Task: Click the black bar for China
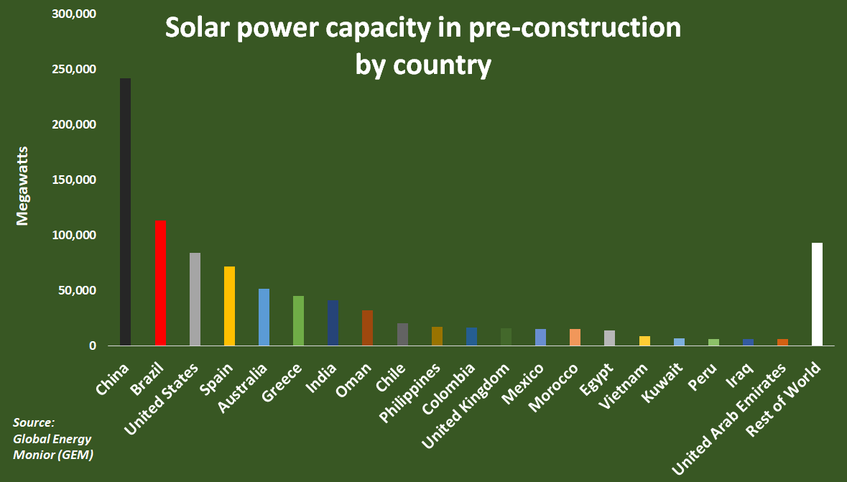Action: (125, 212)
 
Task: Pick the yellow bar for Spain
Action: (229, 306)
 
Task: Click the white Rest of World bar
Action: (817, 294)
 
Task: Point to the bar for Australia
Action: (264, 317)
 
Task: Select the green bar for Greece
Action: (298, 320)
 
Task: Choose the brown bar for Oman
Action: (367, 328)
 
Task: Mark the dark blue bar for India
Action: (333, 323)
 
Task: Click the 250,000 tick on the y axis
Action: (74, 70)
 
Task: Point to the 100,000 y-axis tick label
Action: (74, 236)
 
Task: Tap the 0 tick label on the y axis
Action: (92, 346)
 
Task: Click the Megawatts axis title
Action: (22, 185)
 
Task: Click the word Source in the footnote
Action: (34, 422)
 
